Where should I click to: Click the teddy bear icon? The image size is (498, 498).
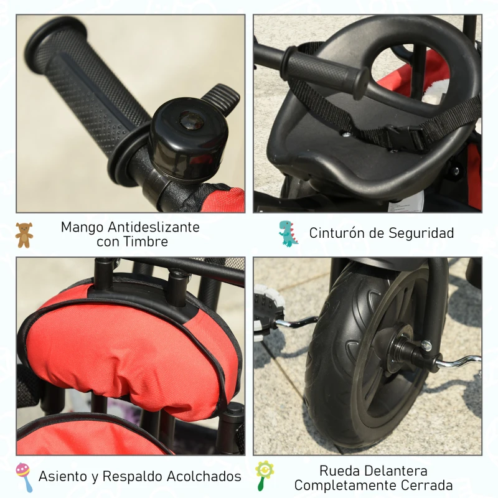click(24, 235)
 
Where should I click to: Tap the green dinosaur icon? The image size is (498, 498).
click(288, 233)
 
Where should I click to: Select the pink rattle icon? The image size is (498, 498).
click(24, 477)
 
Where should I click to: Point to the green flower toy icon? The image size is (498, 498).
click(264, 476)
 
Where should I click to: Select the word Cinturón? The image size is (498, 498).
click(339, 233)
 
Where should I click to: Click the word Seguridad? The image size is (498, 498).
click(421, 233)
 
